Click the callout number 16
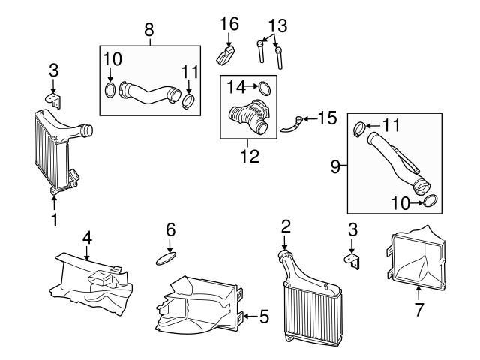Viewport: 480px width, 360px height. click(x=229, y=24)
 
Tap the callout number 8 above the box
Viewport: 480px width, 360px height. click(x=149, y=30)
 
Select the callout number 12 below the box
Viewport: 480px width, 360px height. click(x=250, y=156)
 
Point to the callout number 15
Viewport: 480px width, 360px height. click(x=327, y=118)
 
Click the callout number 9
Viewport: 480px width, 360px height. click(x=335, y=166)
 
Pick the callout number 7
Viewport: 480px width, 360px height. click(x=418, y=310)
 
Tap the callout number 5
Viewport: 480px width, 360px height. click(x=264, y=316)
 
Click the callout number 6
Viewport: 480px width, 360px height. click(x=170, y=229)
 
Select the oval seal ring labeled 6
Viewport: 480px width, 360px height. click(x=166, y=259)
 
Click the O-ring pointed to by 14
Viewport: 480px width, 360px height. click(x=265, y=88)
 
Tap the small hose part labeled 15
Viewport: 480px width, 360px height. click(x=291, y=125)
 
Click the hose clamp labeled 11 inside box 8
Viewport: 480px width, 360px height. click(x=189, y=101)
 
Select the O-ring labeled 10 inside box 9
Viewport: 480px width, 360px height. click(x=430, y=201)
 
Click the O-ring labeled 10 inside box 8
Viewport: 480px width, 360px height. click(x=110, y=90)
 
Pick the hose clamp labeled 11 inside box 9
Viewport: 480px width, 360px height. click(x=360, y=129)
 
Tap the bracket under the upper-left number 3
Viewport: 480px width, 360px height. click(x=54, y=100)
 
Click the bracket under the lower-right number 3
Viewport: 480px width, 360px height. click(x=352, y=261)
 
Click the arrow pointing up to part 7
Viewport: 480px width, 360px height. click(x=418, y=292)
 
